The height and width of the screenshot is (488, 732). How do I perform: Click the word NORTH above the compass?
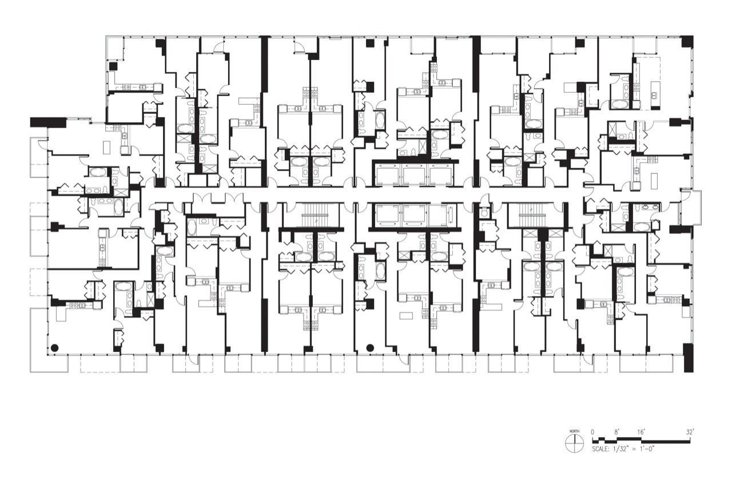click(574, 431)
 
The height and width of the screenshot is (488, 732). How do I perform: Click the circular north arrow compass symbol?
click(574, 443)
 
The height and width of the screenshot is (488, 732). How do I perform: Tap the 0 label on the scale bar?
click(593, 432)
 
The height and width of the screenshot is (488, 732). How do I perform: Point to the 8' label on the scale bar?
click(616, 432)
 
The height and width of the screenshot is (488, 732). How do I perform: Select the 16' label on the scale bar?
click(641, 432)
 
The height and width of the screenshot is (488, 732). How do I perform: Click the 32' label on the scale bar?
click(689, 432)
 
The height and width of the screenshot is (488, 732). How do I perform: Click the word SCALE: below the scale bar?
click(600, 449)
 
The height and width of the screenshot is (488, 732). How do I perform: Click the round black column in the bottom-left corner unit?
click(54, 348)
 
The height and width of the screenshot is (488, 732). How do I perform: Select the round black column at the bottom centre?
click(370, 348)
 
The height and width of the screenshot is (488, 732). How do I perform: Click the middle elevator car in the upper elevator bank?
click(415, 176)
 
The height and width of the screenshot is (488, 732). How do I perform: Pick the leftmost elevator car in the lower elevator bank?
click(388, 215)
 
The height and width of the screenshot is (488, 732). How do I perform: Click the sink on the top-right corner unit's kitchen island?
click(655, 95)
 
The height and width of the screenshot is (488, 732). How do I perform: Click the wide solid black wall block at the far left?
click(49, 122)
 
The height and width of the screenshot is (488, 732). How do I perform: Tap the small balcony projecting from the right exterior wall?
click(691, 207)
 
